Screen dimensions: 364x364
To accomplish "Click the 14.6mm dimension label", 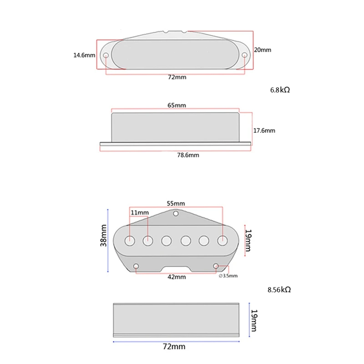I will click(84, 56).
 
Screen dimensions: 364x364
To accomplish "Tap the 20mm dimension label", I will click(263, 50).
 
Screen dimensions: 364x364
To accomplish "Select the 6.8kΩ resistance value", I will click(279, 90).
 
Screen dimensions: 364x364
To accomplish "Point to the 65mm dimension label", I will click(177, 105).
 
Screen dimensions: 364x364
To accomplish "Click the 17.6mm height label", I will click(264, 130).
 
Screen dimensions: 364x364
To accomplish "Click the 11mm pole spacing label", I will click(140, 212).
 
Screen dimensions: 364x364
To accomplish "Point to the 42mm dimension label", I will click(177, 276).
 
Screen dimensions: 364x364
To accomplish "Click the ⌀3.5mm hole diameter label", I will click(228, 276).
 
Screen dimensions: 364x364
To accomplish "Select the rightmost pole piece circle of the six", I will click(222, 240).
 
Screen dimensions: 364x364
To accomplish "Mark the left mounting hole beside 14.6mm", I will click(106, 56).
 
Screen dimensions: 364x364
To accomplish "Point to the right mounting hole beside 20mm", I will click(245, 56).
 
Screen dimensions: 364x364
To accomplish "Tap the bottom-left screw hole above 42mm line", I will click(136, 266).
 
